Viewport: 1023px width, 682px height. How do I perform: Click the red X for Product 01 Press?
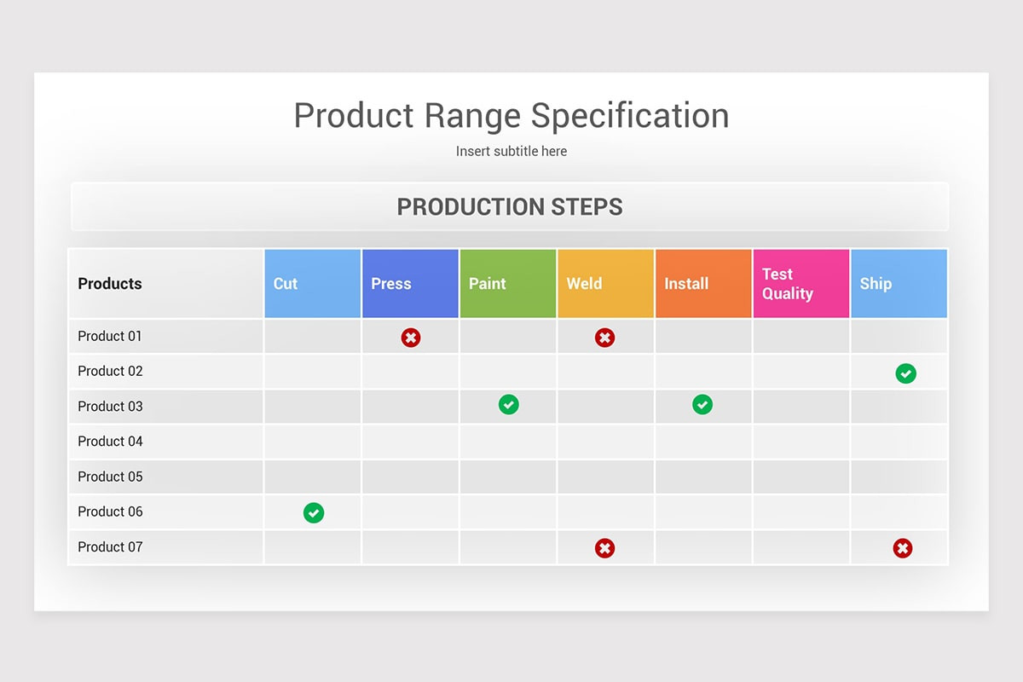[411, 338]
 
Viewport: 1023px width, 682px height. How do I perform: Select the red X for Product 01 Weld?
[604, 338]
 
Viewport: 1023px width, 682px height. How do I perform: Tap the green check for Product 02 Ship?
[905, 373]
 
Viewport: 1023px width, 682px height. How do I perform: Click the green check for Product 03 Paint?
[508, 405]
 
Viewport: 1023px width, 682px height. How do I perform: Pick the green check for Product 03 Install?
[702, 405]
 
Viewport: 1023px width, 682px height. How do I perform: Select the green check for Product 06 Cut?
[314, 512]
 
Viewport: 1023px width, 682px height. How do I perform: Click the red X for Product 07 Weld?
[604, 548]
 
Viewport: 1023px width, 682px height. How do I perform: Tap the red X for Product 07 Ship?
[902, 548]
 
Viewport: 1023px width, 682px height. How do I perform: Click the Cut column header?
[313, 284]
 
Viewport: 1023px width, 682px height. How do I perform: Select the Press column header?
[410, 284]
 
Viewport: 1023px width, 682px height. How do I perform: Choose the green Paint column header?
[508, 284]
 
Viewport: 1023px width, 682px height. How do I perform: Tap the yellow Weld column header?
[605, 284]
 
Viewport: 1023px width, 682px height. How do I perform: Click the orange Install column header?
[703, 284]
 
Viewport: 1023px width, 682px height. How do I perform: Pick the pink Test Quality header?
[800, 284]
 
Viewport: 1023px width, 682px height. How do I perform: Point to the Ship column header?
[899, 284]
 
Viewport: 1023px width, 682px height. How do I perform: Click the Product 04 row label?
[110, 442]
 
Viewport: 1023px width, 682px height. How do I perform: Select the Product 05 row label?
[110, 477]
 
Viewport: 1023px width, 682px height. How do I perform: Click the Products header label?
[110, 284]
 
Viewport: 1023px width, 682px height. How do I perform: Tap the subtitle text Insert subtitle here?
[511, 151]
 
